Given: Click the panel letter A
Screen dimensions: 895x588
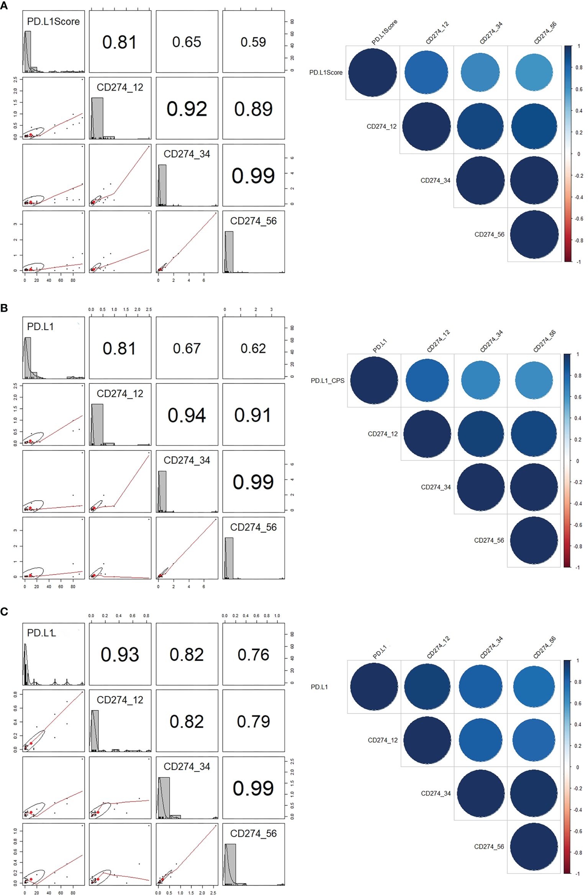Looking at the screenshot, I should click(4, 6).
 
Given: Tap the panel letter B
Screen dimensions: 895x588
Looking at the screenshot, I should click(4, 308).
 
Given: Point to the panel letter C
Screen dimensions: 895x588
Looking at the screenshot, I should click(4, 612).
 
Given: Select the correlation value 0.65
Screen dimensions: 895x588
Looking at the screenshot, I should click(187, 42).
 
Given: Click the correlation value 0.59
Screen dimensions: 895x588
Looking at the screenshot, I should click(253, 42).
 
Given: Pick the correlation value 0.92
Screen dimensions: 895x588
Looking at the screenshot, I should click(187, 109).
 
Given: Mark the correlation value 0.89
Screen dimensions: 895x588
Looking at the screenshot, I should click(253, 109).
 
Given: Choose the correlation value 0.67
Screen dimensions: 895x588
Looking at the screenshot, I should click(187, 348).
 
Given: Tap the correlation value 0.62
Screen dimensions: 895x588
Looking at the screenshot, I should click(253, 348).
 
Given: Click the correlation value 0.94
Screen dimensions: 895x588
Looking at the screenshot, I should click(187, 415).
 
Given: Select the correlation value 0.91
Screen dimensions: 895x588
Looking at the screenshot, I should click(253, 415).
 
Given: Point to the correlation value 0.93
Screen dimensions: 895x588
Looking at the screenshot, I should click(120, 655).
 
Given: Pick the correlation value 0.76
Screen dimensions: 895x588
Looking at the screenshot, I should click(253, 655).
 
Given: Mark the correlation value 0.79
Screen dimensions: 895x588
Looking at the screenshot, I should click(253, 722).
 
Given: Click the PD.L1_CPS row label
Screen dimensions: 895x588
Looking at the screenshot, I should click(327, 381).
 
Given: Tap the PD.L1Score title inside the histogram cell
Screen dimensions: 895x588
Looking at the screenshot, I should click(53, 21).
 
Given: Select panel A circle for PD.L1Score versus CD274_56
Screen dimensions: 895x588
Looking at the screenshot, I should click(534, 72).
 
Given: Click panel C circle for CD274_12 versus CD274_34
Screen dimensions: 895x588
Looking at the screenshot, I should click(480, 740).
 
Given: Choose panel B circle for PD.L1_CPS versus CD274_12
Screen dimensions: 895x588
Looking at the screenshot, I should click(427, 380).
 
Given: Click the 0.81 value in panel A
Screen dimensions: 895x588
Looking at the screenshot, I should click(120, 42).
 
